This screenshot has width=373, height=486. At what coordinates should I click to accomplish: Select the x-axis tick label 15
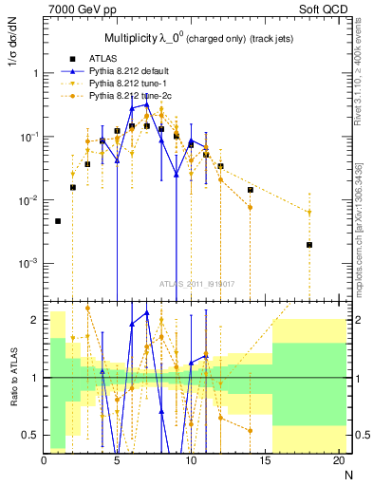(x=266, y=460)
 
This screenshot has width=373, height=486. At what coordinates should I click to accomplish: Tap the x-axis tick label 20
(x=339, y=460)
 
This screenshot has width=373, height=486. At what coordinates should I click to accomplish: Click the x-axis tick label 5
(x=118, y=460)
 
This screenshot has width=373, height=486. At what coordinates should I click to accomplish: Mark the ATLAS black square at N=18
(x=309, y=245)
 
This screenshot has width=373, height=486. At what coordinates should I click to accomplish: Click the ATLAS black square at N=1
(x=58, y=221)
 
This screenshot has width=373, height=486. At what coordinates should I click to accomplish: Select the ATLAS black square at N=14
(x=251, y=190)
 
